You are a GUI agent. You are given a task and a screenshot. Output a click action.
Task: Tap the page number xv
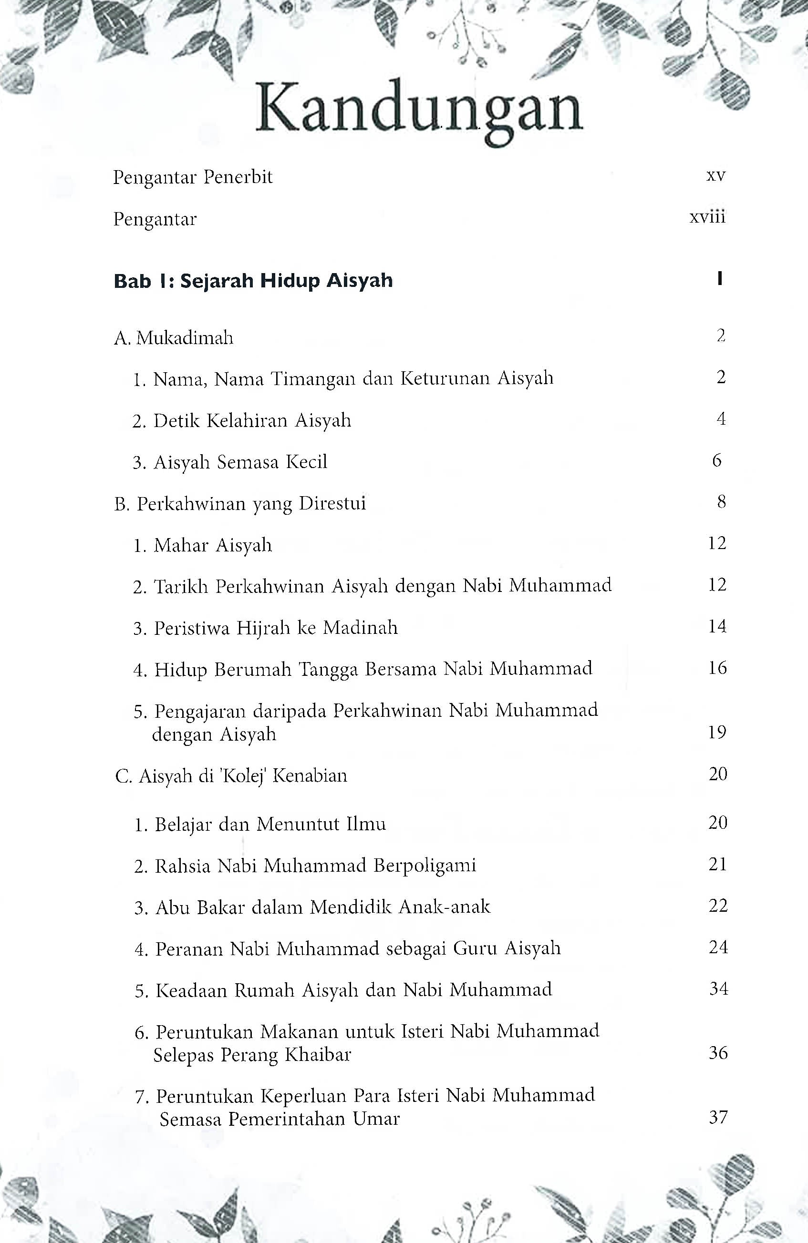[x=715, y=176]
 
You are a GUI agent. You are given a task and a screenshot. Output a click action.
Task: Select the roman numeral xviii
[x=707, y=217]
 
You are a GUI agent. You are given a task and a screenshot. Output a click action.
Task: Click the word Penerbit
[x=238, y=178]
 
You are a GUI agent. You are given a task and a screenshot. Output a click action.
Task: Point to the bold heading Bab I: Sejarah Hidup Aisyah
[x=253, y=281]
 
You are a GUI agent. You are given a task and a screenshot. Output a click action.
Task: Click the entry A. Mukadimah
[x=174, y=338]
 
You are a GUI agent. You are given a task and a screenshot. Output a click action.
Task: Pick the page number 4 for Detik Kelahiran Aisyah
[x=721, y=419]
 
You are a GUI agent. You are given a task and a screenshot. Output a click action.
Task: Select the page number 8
[x=721, y=502]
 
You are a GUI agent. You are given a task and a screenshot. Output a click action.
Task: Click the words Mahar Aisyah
[x=213, y=545]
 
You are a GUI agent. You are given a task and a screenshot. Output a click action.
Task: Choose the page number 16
[x=717, y=668]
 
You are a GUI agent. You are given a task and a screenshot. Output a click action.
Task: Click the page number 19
[x=717, y=733]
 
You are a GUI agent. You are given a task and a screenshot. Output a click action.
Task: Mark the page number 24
[x=718, y=948]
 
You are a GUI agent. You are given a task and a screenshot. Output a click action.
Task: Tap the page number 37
[x=718, y=1118]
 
